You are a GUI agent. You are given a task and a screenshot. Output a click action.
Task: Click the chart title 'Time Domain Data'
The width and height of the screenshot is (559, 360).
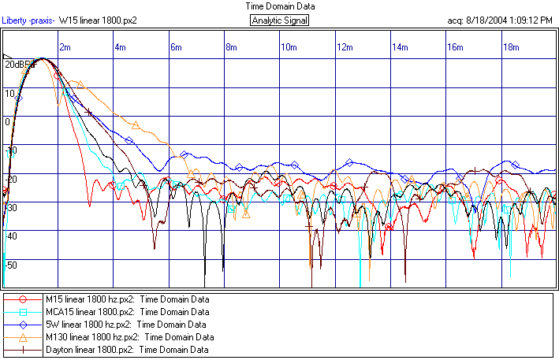279,6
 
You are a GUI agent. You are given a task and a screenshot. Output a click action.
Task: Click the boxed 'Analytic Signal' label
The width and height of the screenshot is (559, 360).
279,20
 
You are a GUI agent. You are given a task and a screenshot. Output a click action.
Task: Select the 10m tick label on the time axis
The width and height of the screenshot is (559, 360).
288,47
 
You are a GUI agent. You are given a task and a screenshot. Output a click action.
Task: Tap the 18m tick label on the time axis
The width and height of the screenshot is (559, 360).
511,47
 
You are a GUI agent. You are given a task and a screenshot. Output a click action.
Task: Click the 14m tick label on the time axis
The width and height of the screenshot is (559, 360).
400,47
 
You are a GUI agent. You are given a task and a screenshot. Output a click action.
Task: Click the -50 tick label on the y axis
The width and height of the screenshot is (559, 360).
10,265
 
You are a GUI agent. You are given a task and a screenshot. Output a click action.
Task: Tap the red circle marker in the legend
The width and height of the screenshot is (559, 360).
23,299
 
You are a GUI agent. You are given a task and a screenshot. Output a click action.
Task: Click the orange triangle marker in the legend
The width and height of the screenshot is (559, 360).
23,336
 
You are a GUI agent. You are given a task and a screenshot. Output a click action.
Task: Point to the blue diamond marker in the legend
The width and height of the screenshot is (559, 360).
23,324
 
